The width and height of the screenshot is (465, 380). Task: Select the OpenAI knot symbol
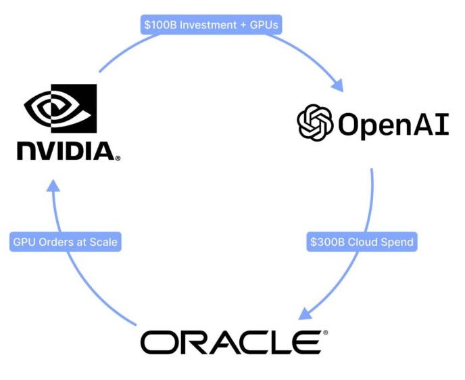tap(315, 123)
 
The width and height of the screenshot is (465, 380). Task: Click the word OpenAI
tap(393, 124)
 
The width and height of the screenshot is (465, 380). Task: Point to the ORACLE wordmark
tap(230, 342)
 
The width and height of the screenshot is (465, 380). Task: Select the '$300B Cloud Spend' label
tap(362, 242)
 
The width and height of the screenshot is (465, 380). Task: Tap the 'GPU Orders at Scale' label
tap(66, 242)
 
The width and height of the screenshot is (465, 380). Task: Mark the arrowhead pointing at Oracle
tap(305, 312)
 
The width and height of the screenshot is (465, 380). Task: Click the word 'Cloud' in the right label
tap(362, 242)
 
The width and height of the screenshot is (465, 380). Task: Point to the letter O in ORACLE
tap(157, 342)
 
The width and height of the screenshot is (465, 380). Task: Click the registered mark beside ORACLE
tap(325, 333)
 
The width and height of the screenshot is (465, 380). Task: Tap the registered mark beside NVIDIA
tap(118, 159)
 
